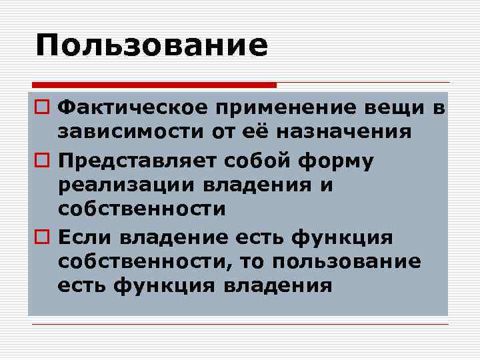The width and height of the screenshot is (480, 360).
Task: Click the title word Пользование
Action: [151, 46]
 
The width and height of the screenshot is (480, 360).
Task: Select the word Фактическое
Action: [127, 108]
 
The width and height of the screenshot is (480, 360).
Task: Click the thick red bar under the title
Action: [154, 85]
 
